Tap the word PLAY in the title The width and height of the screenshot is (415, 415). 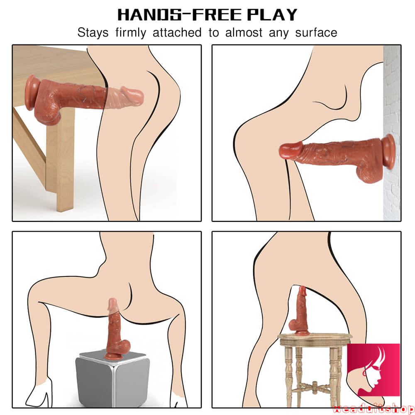272,15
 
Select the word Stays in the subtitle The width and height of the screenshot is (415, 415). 93,32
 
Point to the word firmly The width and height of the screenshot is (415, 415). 131,32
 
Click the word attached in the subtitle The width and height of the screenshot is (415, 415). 177,32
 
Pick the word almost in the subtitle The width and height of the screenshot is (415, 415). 244,32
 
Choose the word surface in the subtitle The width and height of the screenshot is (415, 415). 316,32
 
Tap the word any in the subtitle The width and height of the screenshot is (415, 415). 279,33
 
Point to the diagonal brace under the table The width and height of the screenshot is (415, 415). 29,147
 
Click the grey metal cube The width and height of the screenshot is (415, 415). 112,378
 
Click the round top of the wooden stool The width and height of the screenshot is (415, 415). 315,339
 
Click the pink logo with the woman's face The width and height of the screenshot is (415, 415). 373,370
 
